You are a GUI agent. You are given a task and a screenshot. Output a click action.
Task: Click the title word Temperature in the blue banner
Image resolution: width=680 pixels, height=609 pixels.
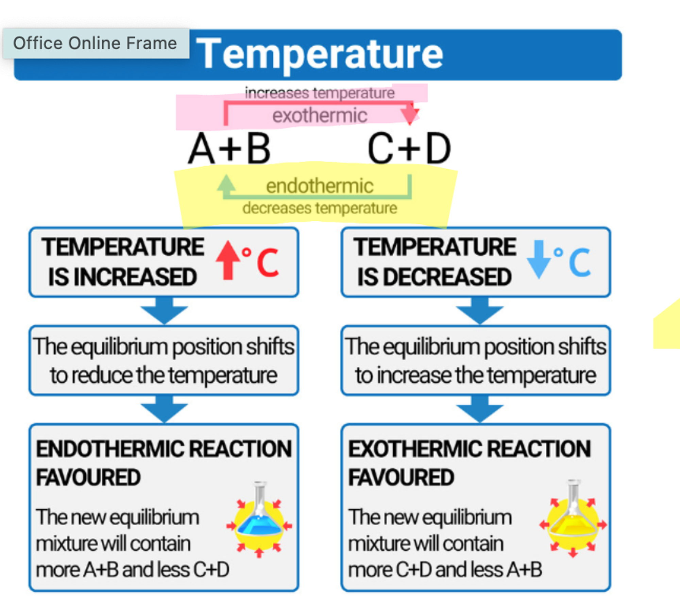tap(320, 54)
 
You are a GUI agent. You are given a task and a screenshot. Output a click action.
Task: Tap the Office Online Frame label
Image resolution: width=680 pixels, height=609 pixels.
tap(95, 43)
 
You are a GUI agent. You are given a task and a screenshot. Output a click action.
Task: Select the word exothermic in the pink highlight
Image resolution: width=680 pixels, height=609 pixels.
tap(320, 115)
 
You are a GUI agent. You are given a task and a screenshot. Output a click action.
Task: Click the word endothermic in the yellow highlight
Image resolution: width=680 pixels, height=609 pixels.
tap(320, 186)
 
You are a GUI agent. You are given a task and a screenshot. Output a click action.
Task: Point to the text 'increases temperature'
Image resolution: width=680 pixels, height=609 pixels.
tap(320, 93)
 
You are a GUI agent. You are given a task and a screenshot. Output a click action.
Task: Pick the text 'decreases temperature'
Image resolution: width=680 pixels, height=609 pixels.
tap(320, 208)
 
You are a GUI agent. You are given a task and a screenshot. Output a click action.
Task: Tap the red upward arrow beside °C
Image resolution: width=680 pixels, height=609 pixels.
tap(228, 260)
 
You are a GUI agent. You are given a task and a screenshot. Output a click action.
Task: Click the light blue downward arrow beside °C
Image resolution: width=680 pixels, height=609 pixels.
tap(539, 259)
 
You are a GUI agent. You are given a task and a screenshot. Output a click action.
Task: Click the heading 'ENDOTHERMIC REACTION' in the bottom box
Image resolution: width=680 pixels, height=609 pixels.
tap(164, 449)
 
